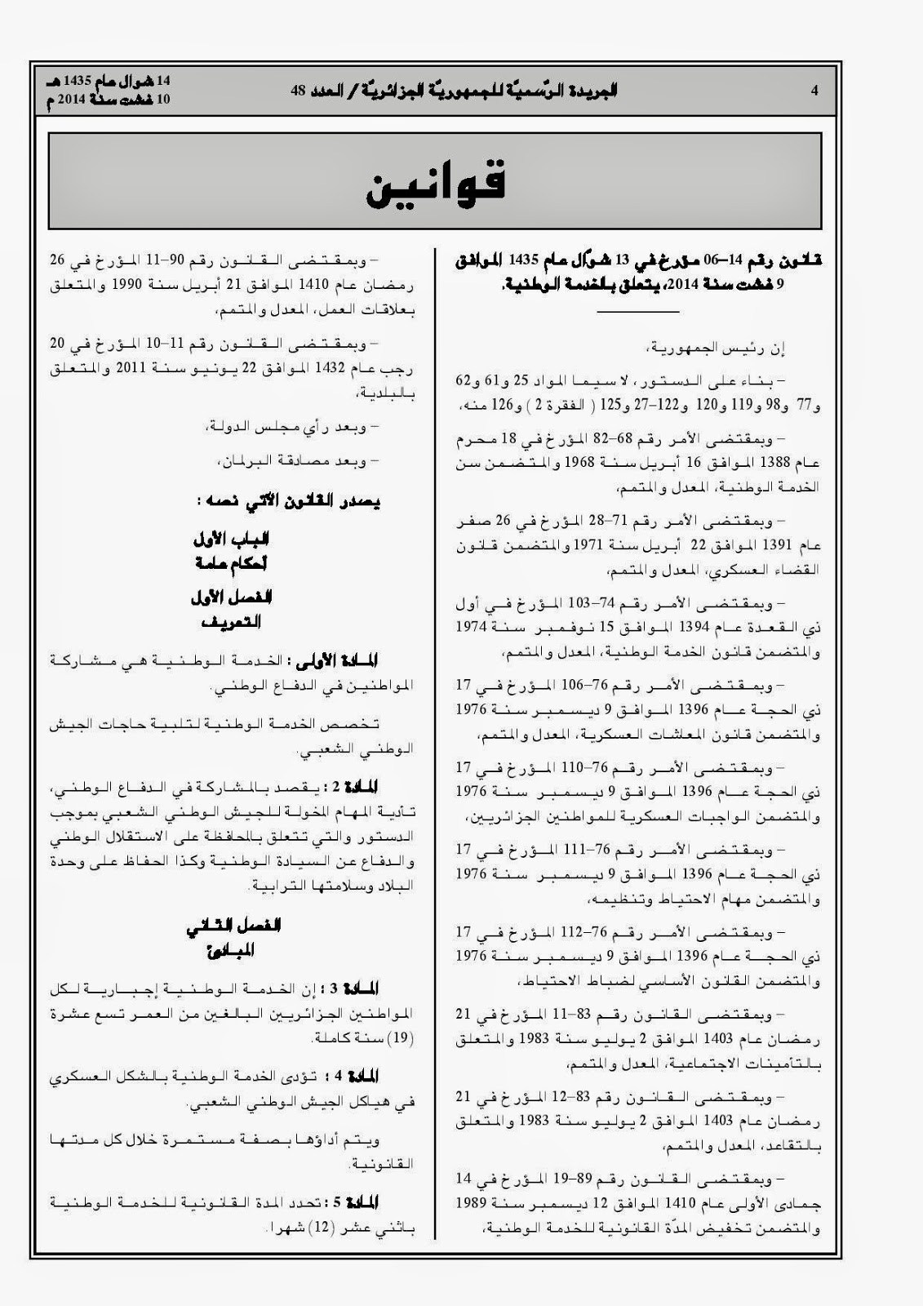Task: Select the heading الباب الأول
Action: [233, 540]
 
